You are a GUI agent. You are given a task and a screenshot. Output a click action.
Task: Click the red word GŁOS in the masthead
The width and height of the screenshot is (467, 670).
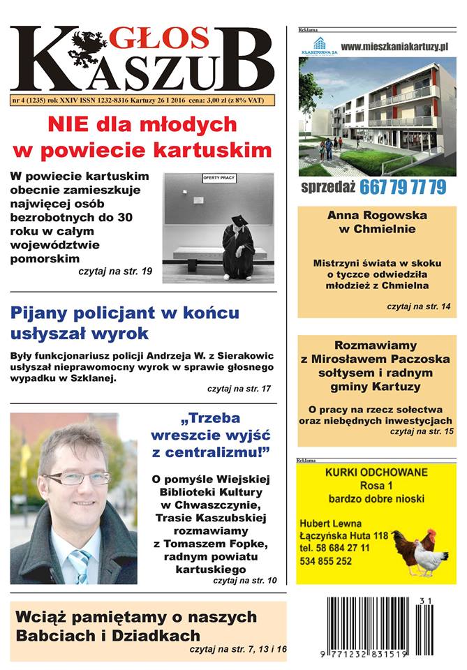pos(162,38)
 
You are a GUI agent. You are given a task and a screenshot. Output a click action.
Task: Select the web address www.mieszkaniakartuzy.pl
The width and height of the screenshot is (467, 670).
pos(394,46)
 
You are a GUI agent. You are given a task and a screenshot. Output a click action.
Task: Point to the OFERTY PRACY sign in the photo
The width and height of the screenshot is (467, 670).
pos(219,179)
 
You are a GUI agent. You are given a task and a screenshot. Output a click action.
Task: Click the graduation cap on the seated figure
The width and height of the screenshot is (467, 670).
pos(239,221)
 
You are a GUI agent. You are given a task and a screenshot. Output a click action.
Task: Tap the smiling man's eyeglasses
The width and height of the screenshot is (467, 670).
pos(77,478)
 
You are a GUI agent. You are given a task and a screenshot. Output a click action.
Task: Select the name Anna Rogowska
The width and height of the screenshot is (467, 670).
pos(377,215)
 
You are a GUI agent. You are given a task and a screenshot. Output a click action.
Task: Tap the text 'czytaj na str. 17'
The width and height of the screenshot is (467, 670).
pos(239,387)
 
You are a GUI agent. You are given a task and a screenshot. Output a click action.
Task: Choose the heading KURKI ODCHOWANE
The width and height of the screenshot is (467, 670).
pos(376,472)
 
